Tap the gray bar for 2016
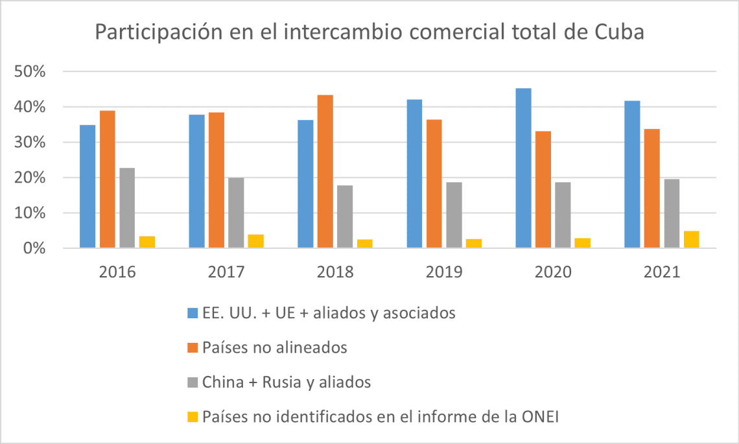(127, 208)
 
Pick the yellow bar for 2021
(691, 240)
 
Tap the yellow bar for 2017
(255, 241)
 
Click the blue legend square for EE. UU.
(193, 314)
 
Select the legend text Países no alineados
(275, 348)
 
